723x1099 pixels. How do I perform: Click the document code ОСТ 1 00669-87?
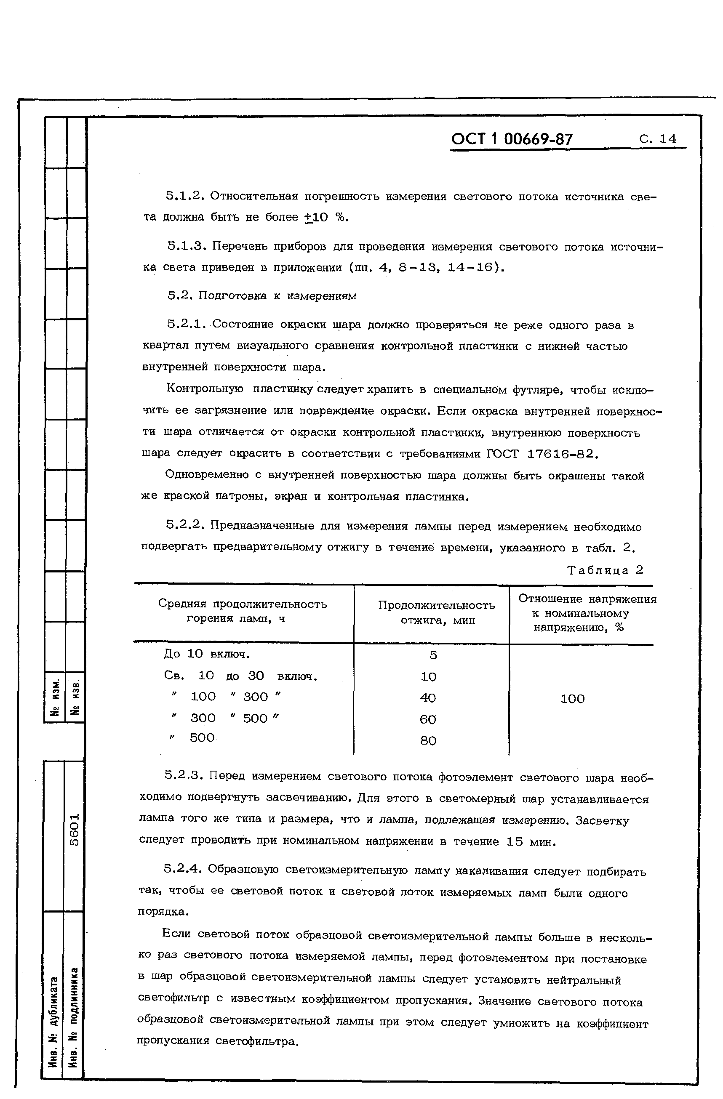coord(512,139)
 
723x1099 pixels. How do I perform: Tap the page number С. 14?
coord(658,139)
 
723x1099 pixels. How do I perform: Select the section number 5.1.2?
coord(185,196)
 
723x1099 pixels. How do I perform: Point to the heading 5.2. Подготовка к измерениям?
coord(261,295)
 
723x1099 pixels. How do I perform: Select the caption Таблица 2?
coord(605,570)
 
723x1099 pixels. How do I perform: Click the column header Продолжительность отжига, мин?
coord(436,612)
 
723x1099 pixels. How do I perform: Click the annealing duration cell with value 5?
coord(432,655)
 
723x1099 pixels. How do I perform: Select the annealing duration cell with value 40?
coord(428,698)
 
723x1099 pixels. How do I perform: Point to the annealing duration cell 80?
coord(428,741)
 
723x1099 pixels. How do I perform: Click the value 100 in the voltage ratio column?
coord(572,699)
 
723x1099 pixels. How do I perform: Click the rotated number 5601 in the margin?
coord(75,830)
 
